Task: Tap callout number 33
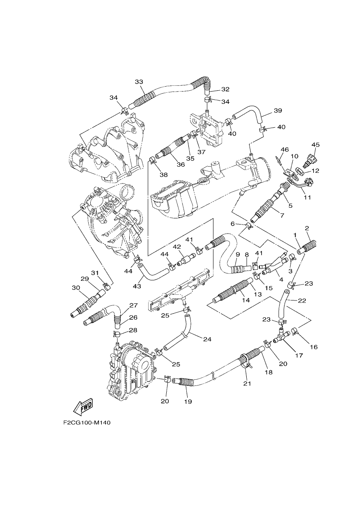139,82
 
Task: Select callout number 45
315,144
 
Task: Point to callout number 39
278,111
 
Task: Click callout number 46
284,149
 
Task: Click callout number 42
177,247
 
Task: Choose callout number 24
207,346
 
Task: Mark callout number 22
302,300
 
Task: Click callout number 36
181,164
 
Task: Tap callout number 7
282,215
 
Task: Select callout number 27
134,305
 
